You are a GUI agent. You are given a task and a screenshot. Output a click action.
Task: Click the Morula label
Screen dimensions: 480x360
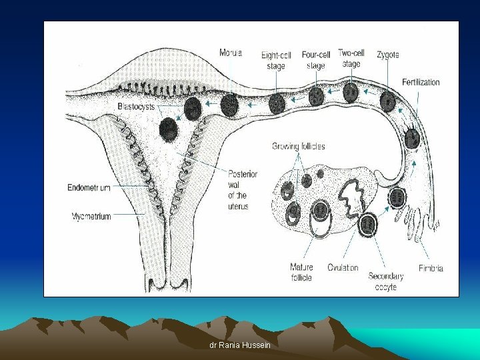pyautogui.click(x=231, y=53)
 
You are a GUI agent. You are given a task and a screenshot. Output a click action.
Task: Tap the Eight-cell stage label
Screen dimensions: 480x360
pyautogui.click(x=275, y=61)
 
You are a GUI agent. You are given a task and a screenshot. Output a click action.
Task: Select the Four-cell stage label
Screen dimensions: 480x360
pyautogui.click(x=316, y=60)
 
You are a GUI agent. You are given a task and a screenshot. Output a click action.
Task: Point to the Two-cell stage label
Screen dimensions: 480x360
pyautogui.click(x=351, y=58)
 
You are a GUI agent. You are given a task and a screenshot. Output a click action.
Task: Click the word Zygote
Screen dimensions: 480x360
pyautogui.click(x=388, y=55)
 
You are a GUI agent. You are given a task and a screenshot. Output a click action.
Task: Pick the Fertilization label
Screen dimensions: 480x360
pyautogui.click(x=421, y=82)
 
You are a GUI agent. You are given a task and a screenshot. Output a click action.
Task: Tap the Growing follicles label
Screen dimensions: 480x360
pyautogui.click(x=298, y=146)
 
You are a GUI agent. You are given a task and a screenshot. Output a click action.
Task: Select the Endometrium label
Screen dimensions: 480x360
pyautogui.click(x=89, y=188)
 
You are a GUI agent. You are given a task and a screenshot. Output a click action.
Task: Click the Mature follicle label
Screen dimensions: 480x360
pyautogui.click(x=301, y=272)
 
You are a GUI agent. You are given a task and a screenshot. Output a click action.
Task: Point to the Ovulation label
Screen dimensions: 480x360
pyautogui.click(x=343, y=267)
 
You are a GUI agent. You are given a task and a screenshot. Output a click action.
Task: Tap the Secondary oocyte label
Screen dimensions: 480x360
pyautogui.click(x=386, y=281)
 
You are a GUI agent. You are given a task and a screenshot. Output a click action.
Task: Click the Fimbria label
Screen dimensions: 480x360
pyautogui.click(x=431, y=268)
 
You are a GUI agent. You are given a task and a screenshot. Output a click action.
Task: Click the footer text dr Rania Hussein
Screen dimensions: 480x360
pyautogui.click(x=240, y=345)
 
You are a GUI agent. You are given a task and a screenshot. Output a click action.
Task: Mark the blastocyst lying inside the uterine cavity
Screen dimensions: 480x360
pyautogui.click(x=169, y=129)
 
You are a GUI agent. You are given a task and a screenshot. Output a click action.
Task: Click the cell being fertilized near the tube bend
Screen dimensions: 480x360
pyautogui.click(x=413, y=138)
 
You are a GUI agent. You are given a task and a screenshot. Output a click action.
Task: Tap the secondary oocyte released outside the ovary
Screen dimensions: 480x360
pyautogui.click(x=397, y=197)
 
